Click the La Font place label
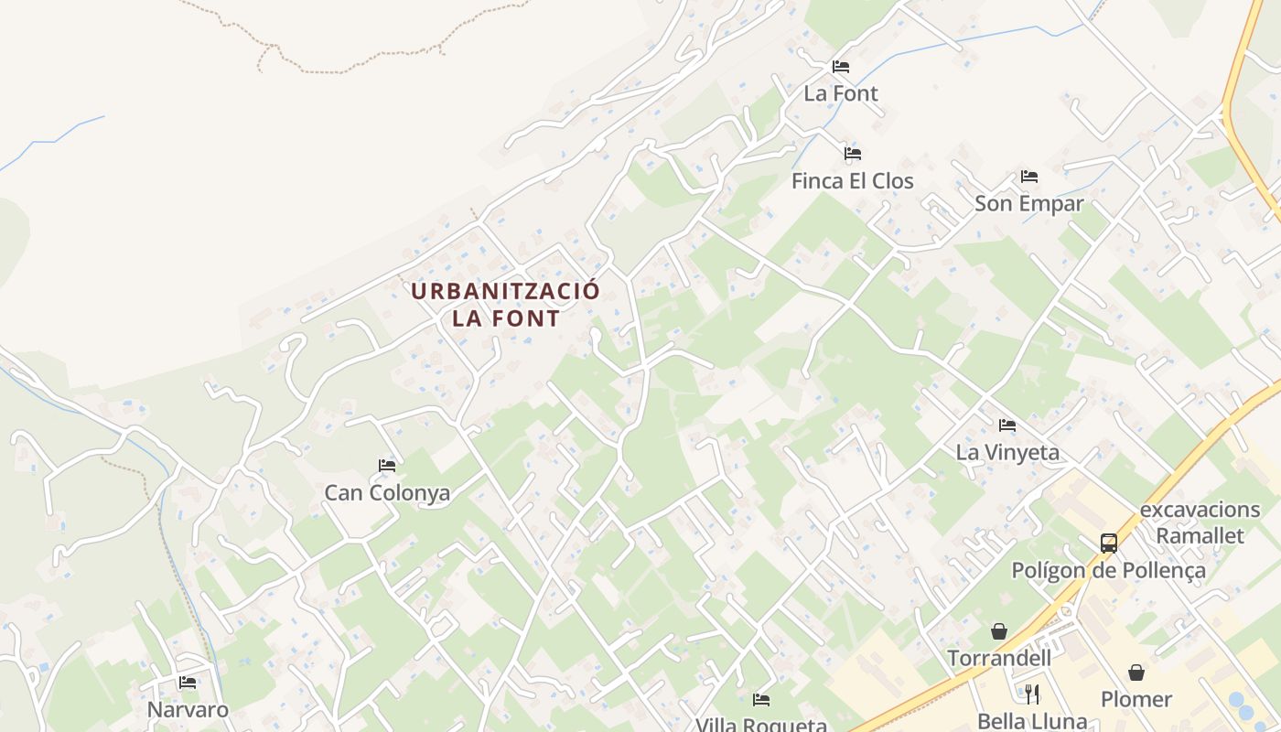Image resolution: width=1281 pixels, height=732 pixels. point(841,93)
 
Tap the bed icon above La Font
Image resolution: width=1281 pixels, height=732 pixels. point(841,67)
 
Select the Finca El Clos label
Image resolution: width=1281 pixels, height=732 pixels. point(852,181)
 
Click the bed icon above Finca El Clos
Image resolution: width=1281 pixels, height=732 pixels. point(853,154)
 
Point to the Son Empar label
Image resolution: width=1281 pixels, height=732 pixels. point(1028,203)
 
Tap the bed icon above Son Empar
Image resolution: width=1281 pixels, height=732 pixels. point(1029,177)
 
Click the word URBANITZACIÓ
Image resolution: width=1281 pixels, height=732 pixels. point(505,292)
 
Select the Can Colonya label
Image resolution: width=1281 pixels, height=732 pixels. point(387,493)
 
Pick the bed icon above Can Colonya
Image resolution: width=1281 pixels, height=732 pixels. point(387,466)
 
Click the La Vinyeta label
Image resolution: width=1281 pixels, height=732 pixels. point(1007,452)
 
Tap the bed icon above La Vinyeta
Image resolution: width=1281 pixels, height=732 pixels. point(1007,425)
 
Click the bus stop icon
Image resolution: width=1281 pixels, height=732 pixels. point(1109,544)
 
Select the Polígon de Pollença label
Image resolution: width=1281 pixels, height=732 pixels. point(1108,571)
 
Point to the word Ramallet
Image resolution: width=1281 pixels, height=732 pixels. point(1200,535)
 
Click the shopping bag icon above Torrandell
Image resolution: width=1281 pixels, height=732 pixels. point(999,631)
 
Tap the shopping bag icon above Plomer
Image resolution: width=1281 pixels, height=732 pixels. point(1136,673)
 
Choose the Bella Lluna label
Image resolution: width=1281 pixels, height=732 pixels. point(1031,721)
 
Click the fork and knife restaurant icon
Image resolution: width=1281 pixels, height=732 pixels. point(1032,694)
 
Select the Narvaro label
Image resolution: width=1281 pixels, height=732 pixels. point(188,710)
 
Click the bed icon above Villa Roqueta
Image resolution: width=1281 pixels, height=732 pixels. point(761,700)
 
